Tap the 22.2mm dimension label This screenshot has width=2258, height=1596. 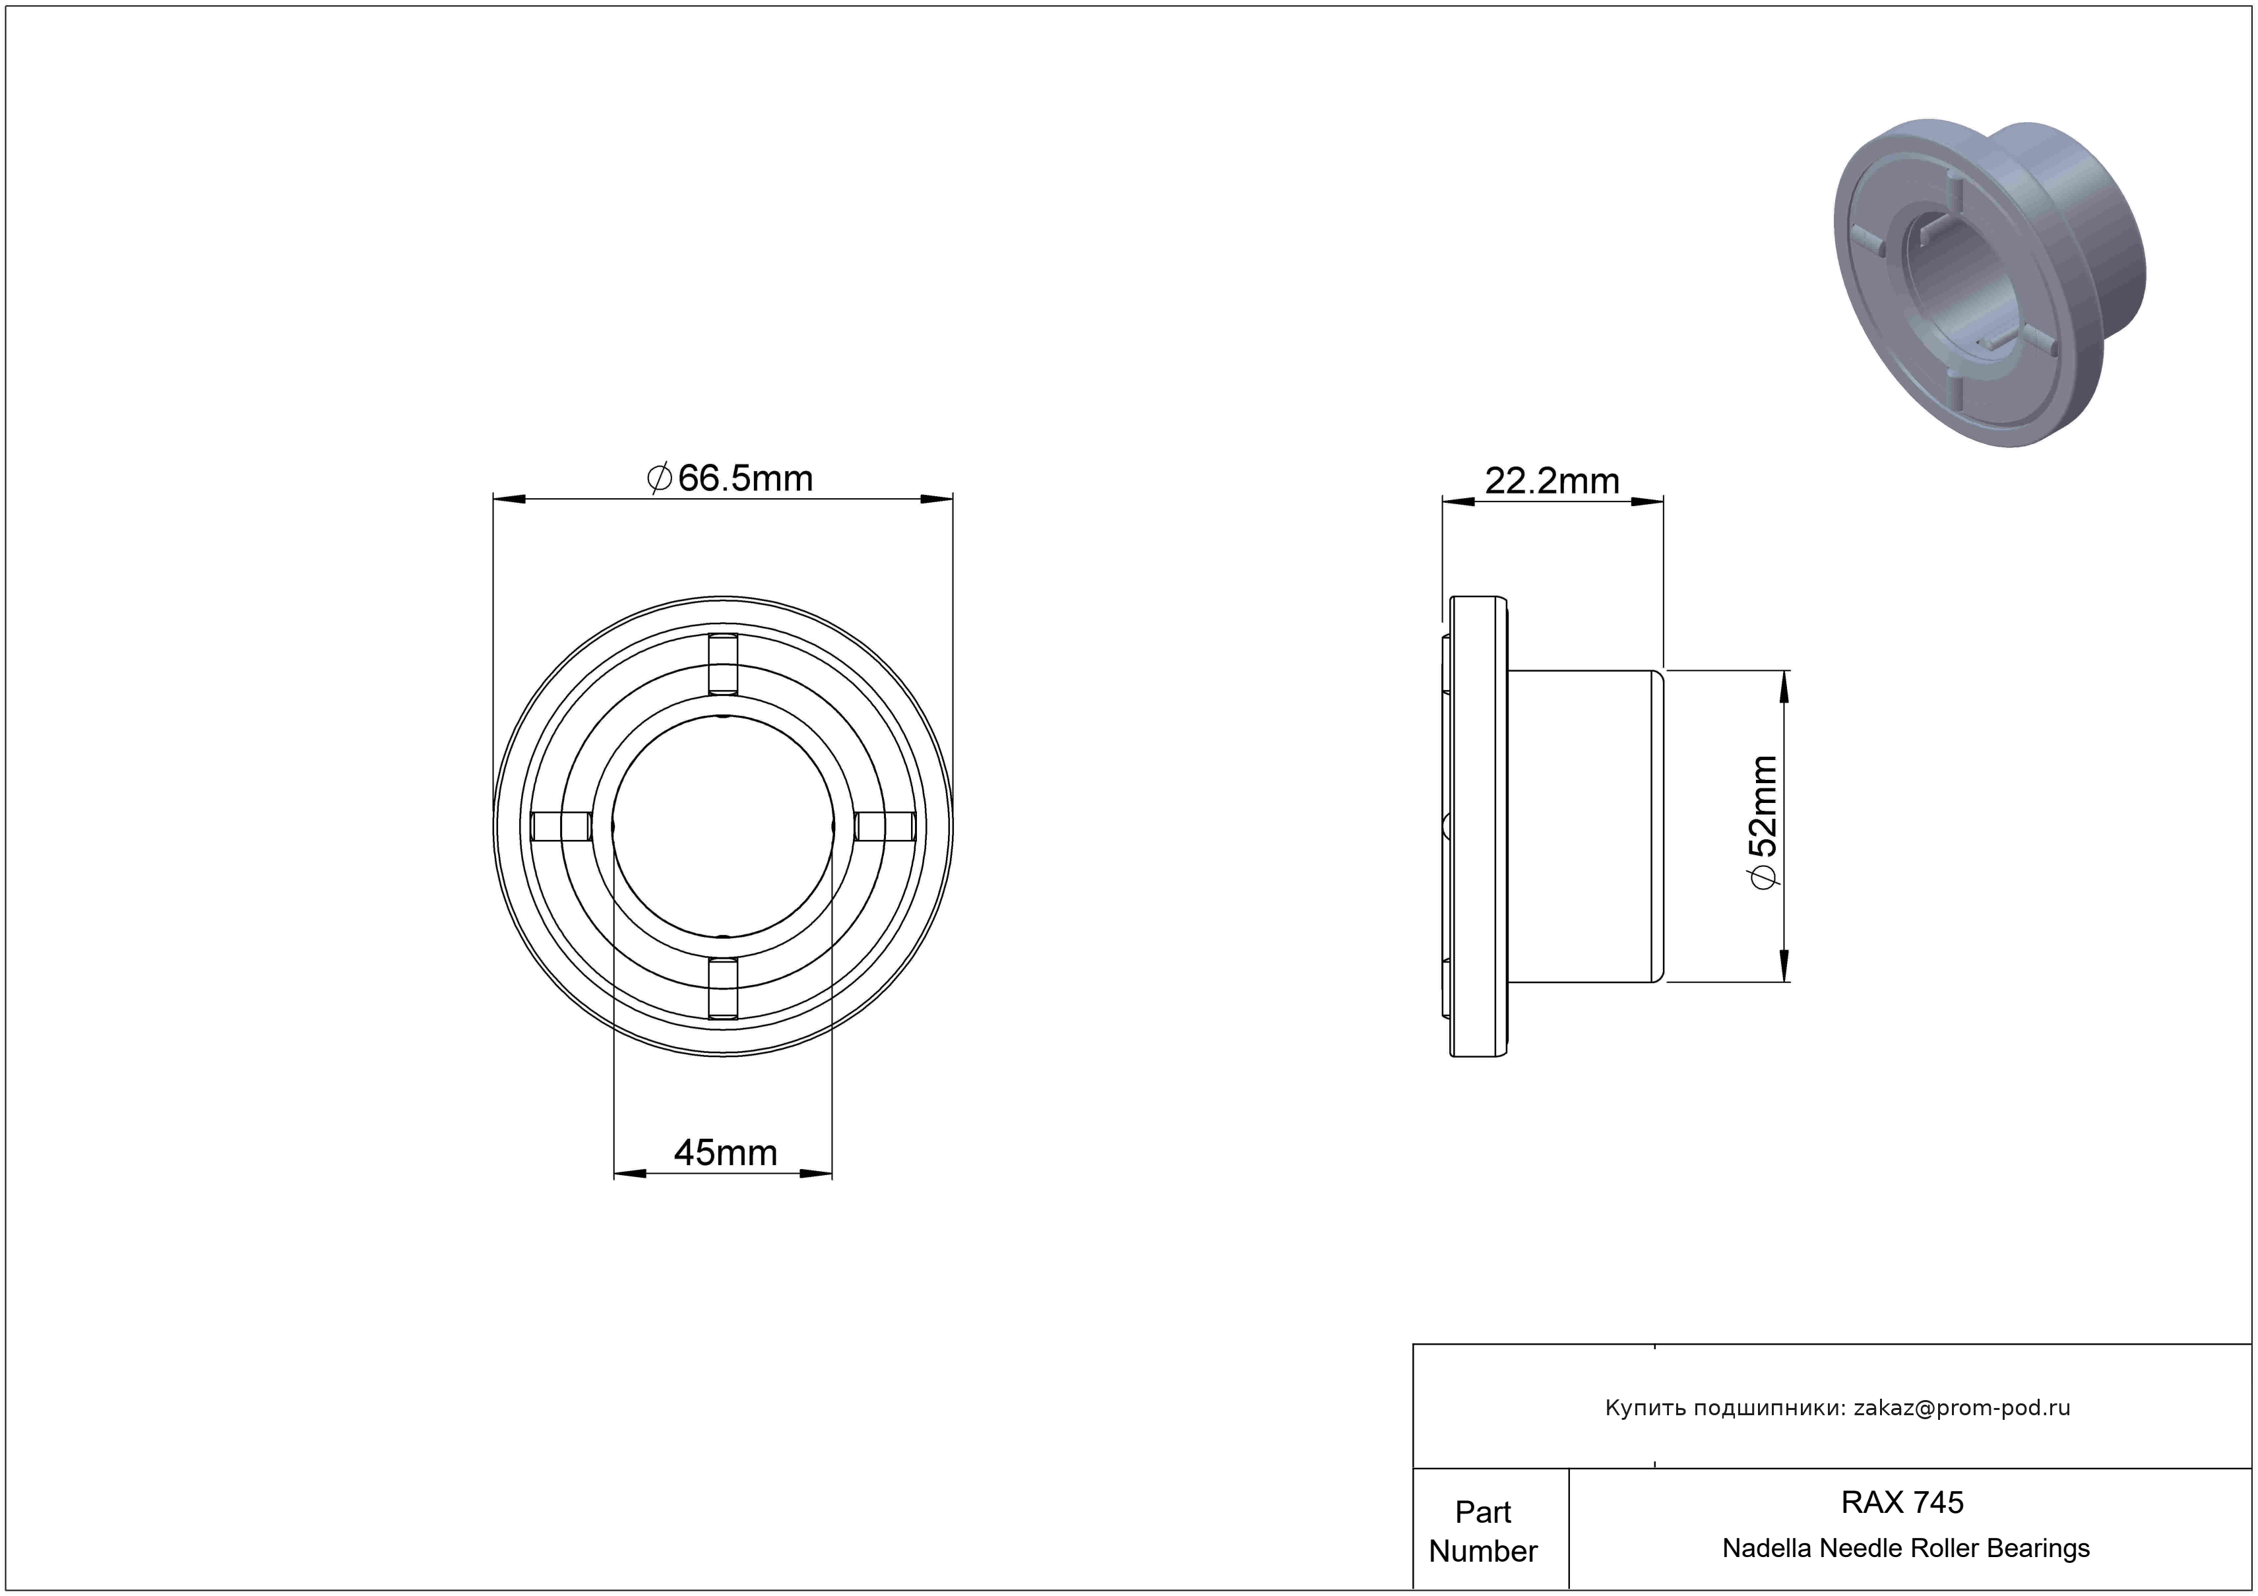coord(1552,481)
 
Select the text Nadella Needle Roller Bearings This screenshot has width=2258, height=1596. coord(1906,1548)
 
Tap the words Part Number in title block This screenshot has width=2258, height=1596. coord(1483,1531)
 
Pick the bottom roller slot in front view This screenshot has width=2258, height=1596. coord(723,987)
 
